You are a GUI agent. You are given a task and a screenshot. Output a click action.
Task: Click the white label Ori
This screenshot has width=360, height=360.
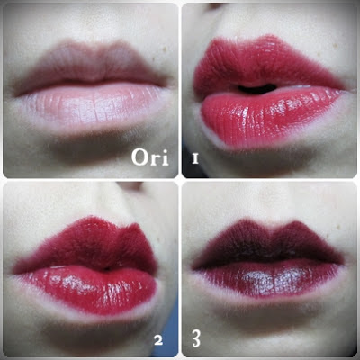(150, 157)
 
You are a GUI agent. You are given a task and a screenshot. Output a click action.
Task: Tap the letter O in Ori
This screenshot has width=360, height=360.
(139, 157)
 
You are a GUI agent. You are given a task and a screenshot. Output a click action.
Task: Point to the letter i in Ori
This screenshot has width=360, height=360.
(165, 157)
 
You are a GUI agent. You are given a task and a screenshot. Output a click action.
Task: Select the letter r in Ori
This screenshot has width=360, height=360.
(155, 160)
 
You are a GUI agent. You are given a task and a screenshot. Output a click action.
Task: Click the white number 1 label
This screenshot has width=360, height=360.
(195, 158)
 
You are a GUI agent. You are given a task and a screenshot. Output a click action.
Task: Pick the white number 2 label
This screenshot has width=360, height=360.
(158, 340)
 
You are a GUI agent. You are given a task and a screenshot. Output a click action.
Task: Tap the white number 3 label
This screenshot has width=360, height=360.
(196, 338)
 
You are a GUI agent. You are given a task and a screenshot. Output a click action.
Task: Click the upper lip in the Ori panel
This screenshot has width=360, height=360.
(90, 66)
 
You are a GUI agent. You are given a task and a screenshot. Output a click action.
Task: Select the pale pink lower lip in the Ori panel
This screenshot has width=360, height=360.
(92, 105)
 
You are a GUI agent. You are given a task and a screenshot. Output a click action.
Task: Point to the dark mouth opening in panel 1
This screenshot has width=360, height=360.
(256, 89)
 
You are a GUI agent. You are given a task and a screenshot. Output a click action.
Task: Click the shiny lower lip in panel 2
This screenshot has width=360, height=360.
(90, 288)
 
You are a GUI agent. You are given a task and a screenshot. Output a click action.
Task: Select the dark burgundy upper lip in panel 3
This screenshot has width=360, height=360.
(267, 243)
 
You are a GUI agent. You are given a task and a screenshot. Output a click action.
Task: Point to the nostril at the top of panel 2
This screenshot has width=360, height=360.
(130, 186)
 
